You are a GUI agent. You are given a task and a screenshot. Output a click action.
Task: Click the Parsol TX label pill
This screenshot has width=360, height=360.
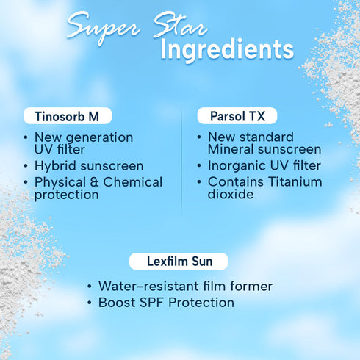[237, 116]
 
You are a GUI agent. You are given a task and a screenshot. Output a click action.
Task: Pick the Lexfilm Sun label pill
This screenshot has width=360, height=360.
[179, 261]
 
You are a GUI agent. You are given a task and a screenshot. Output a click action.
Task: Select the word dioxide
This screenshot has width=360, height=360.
[231, 195]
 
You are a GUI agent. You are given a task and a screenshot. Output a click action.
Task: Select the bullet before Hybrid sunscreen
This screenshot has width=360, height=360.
[27, 167]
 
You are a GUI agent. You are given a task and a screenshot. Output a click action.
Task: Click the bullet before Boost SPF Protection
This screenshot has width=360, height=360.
[90, 303]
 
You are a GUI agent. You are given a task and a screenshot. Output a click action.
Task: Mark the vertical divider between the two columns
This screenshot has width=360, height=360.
[181, 158]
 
